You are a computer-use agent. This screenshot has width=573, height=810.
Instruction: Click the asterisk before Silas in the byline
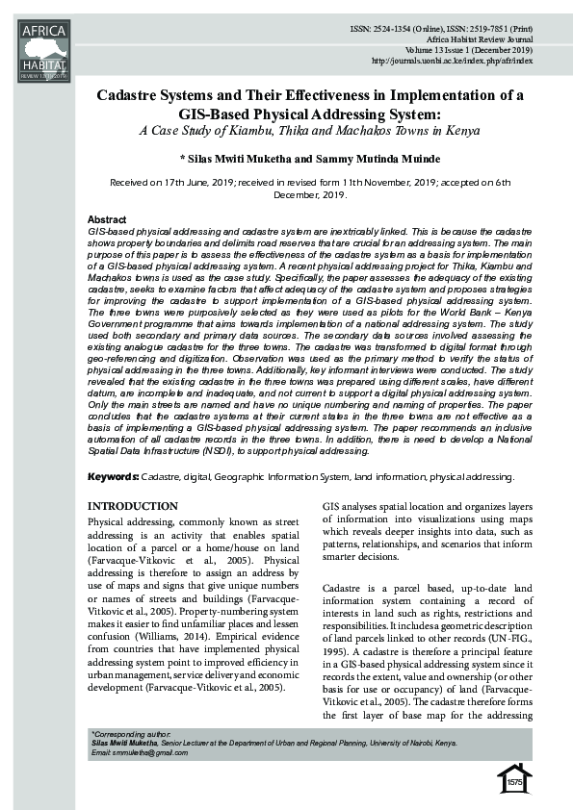183,158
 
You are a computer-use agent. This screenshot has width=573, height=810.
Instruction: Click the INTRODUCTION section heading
133,506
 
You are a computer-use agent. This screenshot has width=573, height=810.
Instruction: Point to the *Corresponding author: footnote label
128,733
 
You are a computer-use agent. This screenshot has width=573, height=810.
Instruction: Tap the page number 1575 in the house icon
515,782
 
